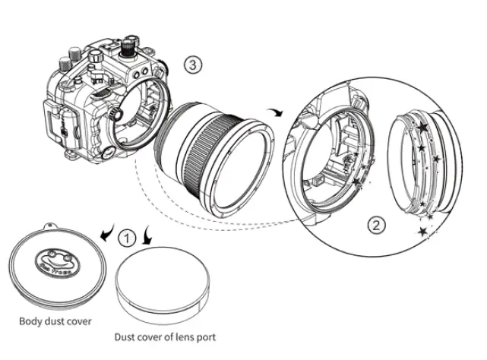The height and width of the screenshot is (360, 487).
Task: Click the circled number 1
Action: pos(128,238)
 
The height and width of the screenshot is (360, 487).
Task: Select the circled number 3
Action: pos(194,65)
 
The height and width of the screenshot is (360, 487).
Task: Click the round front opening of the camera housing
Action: pos(141,113)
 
